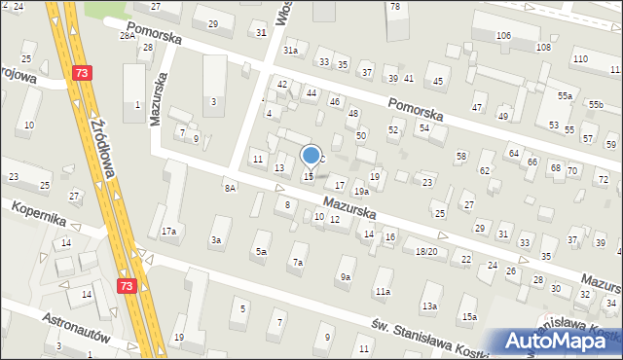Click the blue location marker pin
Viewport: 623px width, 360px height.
(x=311, y=156)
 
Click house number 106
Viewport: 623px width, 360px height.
(x=503, y=36)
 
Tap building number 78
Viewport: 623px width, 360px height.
(x=394, y=7)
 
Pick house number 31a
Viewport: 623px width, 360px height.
(x=290, y=50)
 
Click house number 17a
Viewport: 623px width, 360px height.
(x=169, y=232)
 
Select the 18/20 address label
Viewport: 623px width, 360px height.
(x=426, y=252)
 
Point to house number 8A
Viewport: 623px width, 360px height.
(x=231, y=187)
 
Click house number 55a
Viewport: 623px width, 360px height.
(x=565, y=96)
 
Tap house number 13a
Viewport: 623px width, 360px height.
(x=429, y=306)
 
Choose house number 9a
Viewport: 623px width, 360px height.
(x=346, y=277)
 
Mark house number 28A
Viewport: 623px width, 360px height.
(x=128, y=35)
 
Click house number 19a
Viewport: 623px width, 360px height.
(x=360, y=192)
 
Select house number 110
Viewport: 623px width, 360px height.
(x=580, y=59)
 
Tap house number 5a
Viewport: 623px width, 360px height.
(x=261, y=252)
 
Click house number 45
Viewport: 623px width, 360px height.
(x=439, y=81)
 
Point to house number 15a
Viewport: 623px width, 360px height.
(x=469, y=317)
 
